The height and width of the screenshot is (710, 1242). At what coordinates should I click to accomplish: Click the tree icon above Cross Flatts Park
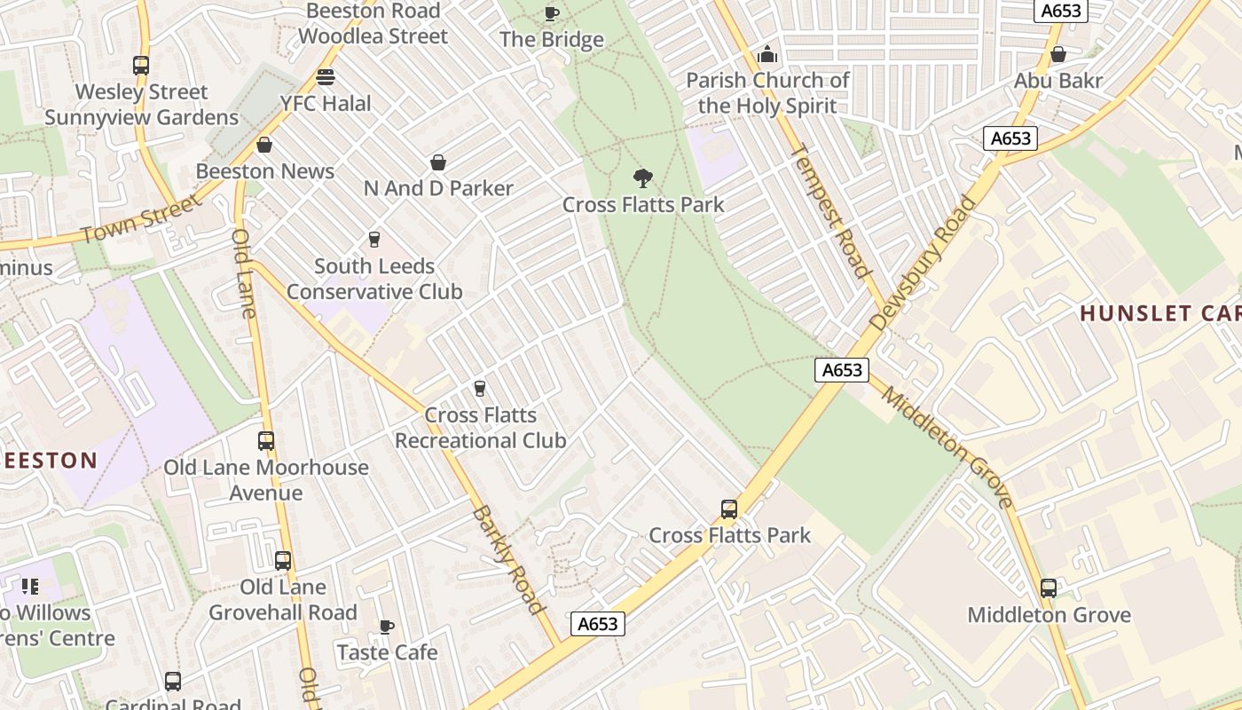coord(643,178)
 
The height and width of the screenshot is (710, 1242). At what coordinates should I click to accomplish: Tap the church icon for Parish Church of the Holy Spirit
coord(767,55)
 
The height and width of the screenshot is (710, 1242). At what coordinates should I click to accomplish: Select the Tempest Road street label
coord(828,211)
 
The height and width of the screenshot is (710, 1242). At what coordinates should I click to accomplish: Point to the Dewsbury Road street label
coord(923,264)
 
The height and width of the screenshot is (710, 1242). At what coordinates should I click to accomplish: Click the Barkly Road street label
coord(507,559)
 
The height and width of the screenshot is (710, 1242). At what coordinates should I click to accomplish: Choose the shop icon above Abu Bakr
coord(1057,55)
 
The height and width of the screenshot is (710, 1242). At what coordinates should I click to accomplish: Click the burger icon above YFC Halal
coord(326,77)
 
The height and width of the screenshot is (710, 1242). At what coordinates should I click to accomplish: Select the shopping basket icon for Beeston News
coord(264,145)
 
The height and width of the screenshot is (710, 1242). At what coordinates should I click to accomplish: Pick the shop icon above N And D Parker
coord(438,162)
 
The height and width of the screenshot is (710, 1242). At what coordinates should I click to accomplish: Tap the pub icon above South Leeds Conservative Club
coord(373,240)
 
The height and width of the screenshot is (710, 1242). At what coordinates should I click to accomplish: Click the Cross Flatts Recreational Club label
coord(480,428)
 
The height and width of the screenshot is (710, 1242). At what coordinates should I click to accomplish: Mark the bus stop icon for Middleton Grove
coord(1049,588)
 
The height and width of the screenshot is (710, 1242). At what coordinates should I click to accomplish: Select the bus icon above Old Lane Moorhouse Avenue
coord(265,440)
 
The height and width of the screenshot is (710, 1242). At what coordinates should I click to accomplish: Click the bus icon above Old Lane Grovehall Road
coord(282,560)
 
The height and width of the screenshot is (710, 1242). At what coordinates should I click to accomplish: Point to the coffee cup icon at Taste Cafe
coord(387,627)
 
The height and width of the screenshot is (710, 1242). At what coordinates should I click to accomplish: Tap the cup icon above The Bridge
coord(551,13)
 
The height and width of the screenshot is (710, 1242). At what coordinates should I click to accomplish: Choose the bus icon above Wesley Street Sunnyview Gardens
coord(141,65)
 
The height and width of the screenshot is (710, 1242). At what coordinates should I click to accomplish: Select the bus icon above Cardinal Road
coord(173,681)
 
